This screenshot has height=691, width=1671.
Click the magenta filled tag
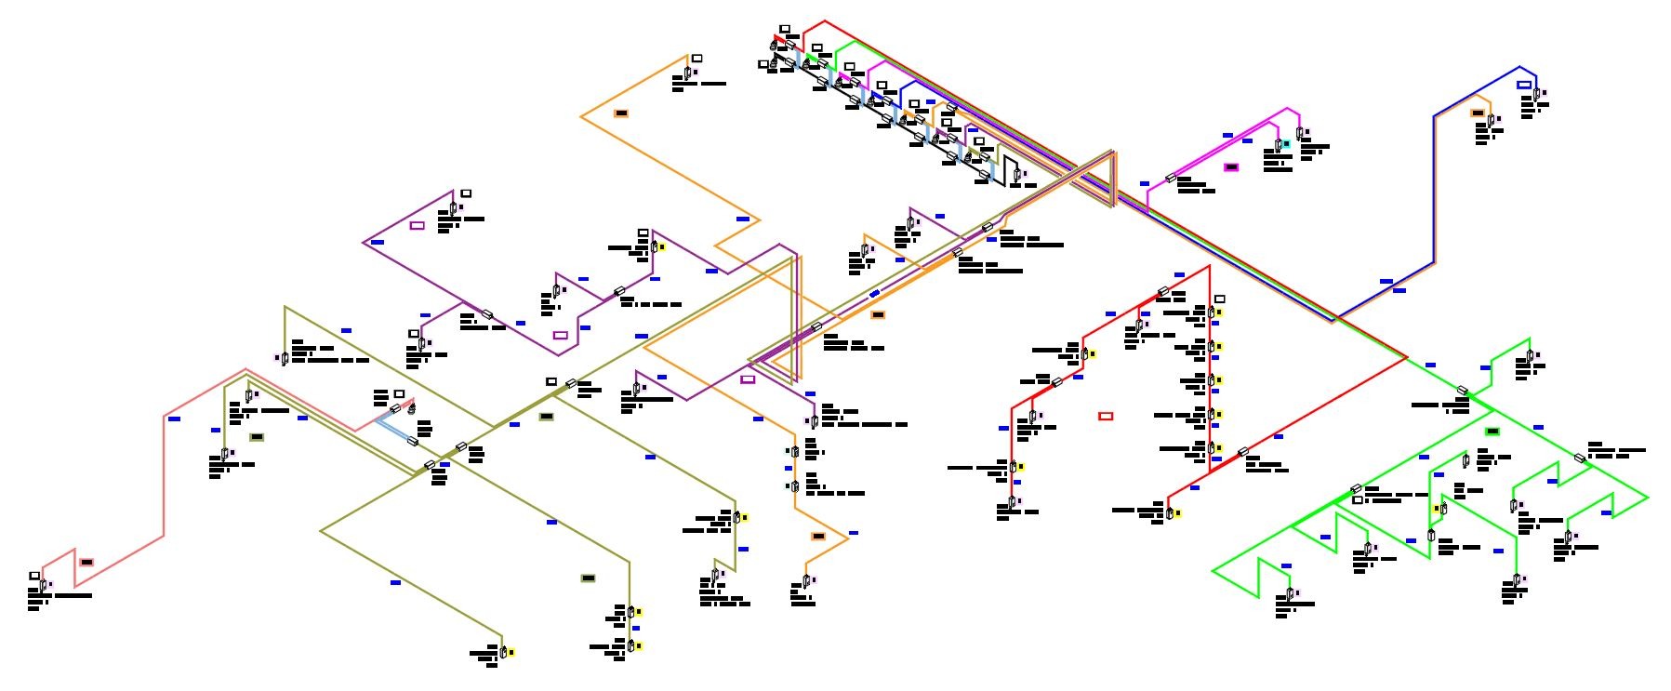click(x=1231, y=167)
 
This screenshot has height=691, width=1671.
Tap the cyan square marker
click(x=1287, y=144)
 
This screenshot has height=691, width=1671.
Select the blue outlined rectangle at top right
click(x=1524, y=85)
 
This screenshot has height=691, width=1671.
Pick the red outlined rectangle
click(x=1106, y=416)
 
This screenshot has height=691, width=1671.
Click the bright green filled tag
click(x=1492, y=432)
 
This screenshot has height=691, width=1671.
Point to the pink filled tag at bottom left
click(x=86, y=562)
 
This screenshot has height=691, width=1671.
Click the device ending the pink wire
click(x=43, y=586)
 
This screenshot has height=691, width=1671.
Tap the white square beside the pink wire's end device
click(x=34, y=576)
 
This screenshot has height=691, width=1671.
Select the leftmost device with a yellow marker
click(x=503, y=651)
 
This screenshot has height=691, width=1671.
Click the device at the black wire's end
click(x=1017, y=174)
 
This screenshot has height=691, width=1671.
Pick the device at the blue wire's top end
click(x=1536, y=94)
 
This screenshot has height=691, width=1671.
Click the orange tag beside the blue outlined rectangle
click(x=1478, y=113)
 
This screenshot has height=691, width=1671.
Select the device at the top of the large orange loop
click(x=688, y=72)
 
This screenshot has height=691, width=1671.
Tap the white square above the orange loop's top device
click(x=696, y=59)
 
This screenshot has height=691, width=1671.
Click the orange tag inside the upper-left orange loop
click(x=621, y=113)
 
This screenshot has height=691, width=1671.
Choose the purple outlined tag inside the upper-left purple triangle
click(x=417, y=225)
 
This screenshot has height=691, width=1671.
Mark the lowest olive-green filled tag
click(x=588, y=578)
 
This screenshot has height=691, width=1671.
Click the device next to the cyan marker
click(x=1279, y=145)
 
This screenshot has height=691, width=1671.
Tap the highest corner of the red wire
click(x=825, y=20)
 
